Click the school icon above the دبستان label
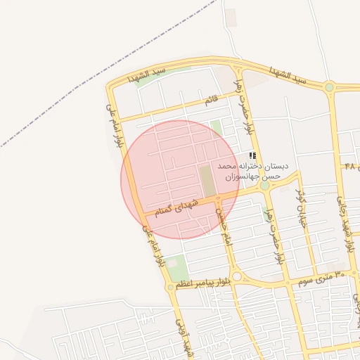coord(252,155)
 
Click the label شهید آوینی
coord(184,337)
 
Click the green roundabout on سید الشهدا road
coord(329,86)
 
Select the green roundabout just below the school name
coord(264,186)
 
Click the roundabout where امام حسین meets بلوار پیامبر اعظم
coord(237,277)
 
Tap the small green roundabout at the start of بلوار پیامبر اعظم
coord(170,287)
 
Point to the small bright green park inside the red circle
coord(217,129)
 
